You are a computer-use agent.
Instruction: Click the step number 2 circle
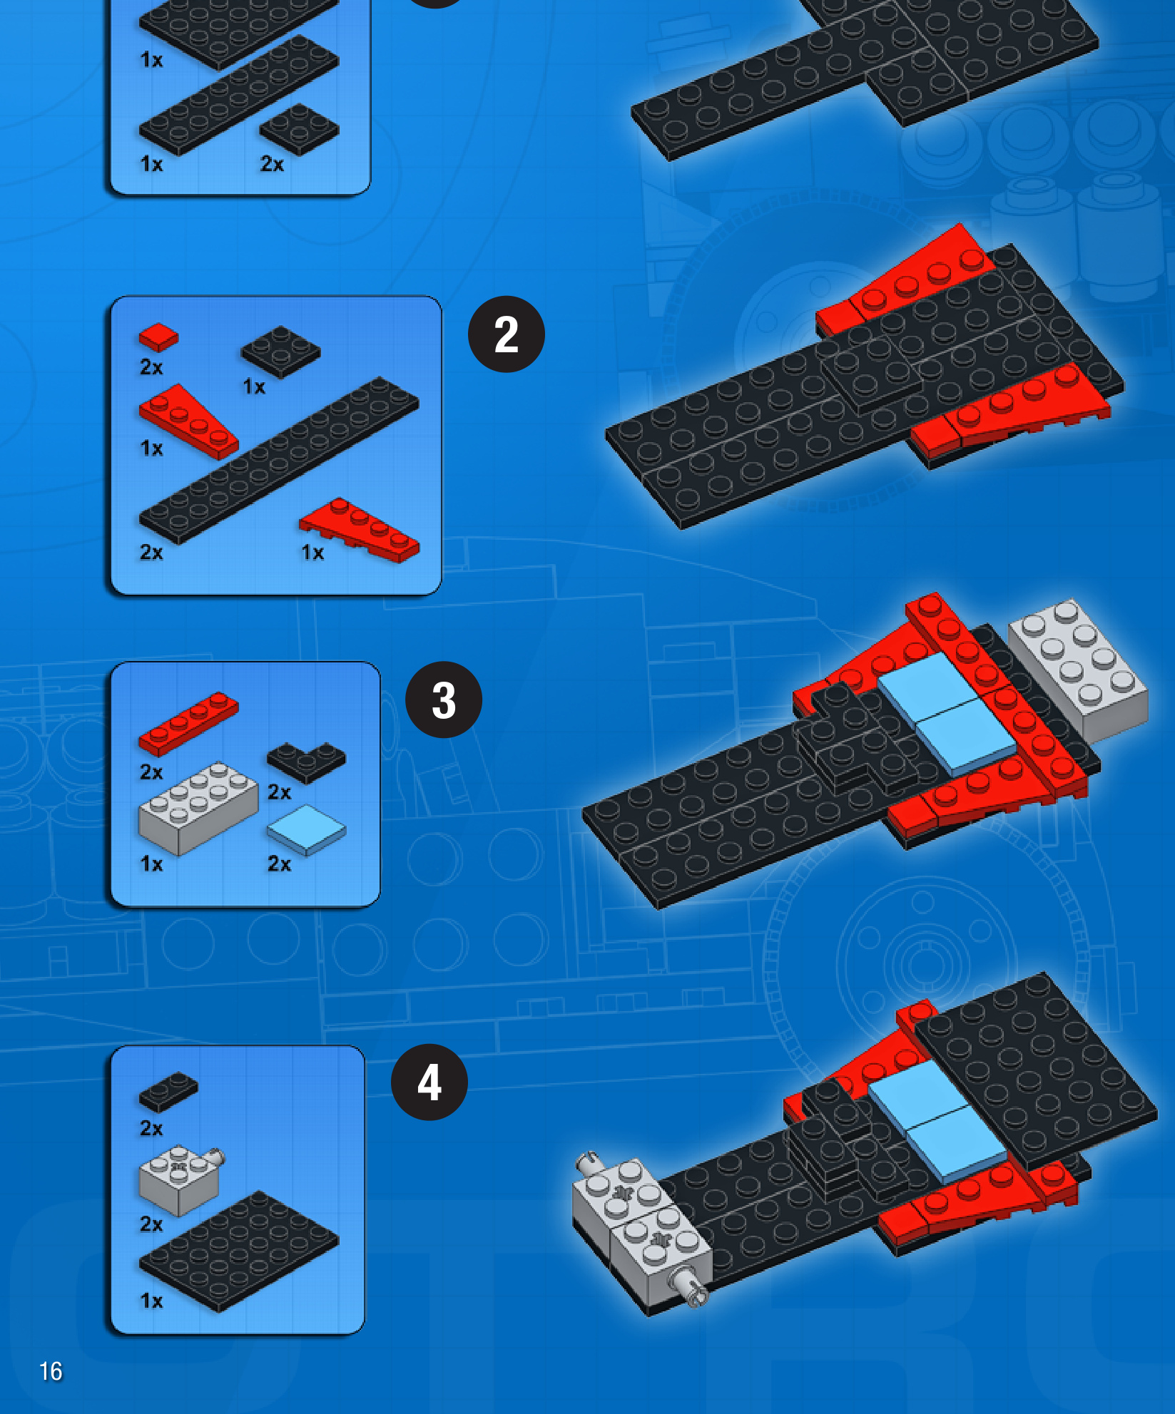click(x=506, y=334)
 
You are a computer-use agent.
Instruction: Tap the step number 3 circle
click(x=443, y=700)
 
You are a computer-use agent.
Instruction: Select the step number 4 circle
click(x=429, y=1082)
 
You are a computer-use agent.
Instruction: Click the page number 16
click(x=51, y=1371)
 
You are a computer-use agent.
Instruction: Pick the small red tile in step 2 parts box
click(x=158, y=337)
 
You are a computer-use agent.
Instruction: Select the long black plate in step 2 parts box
click(x=278, y=460)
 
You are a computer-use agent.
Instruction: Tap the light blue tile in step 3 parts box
click(x=306, y=829)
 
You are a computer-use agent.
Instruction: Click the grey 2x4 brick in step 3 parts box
click(x=198, y=808)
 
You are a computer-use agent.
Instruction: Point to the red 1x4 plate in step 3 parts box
click(x=188, y=723)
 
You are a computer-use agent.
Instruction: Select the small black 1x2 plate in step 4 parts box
click(x=168, y=1092)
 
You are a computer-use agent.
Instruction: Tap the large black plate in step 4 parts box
click(x=238, y=1251)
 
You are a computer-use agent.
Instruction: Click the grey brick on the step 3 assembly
click(x=1078, y=670)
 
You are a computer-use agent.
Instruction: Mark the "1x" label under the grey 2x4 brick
click(x=151, y=864)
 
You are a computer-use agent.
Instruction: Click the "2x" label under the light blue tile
click(x=279, y=864)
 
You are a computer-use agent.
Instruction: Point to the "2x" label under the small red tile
click(x=151, y=367)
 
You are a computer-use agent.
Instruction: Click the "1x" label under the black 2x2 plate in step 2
click(x=254, y=386)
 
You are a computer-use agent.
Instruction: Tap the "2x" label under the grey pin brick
click(x=151, y=1224)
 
